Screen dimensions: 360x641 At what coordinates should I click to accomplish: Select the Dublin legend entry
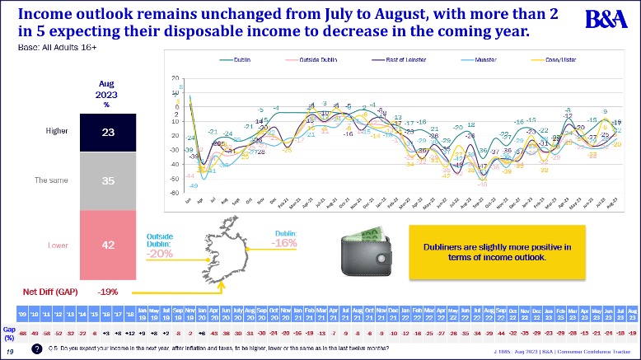[240, 60]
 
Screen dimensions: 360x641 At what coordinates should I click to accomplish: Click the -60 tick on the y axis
[175, 193]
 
